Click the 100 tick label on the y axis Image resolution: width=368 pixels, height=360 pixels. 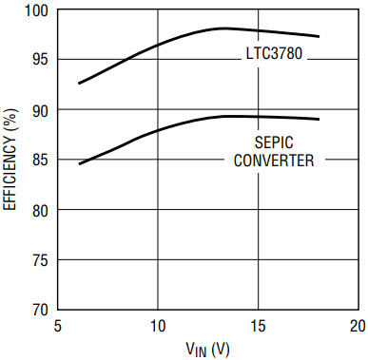pos(36,10)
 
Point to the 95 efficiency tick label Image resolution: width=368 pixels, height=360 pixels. pos(40,60)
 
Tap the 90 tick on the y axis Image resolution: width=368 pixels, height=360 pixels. pos(40,110)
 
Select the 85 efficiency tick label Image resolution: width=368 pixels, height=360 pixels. pos(40,160)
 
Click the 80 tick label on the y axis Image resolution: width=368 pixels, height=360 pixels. pos(40,210)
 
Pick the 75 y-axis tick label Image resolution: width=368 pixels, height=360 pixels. pos(40,260)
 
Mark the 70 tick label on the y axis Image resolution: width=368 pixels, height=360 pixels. pos(40,309)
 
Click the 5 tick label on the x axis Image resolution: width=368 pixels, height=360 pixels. pos(57,326)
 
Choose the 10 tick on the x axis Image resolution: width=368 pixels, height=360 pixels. pos(158,326)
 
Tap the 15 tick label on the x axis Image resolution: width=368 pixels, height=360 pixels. pos(259,326)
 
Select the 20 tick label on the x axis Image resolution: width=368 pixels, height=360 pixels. pos(358,326)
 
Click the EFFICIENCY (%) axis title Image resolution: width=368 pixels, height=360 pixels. pos(10,160)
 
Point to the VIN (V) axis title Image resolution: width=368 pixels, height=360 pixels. pos(207,350)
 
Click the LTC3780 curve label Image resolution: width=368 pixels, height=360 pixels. pos(274,53)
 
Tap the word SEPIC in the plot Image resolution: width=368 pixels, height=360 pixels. pos(274,142)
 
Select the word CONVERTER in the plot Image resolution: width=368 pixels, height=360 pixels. pos(274,161)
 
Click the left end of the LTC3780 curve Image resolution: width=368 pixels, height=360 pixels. pos(79,84)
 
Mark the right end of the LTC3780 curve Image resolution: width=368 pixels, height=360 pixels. pos(319,37)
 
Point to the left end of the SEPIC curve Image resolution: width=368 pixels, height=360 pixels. pos(79,163)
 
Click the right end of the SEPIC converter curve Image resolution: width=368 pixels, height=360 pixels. pos(319,119)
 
